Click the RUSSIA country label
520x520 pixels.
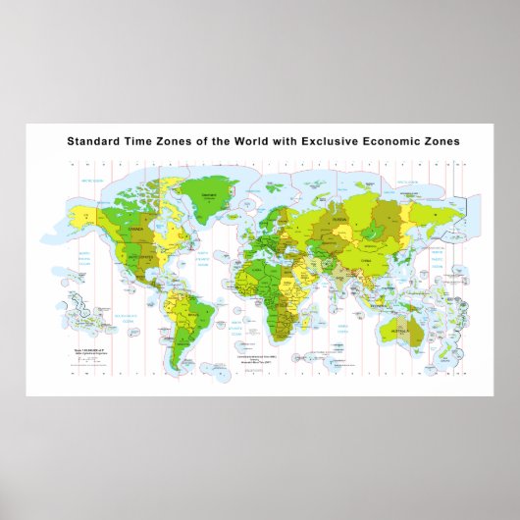pos(338,222)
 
